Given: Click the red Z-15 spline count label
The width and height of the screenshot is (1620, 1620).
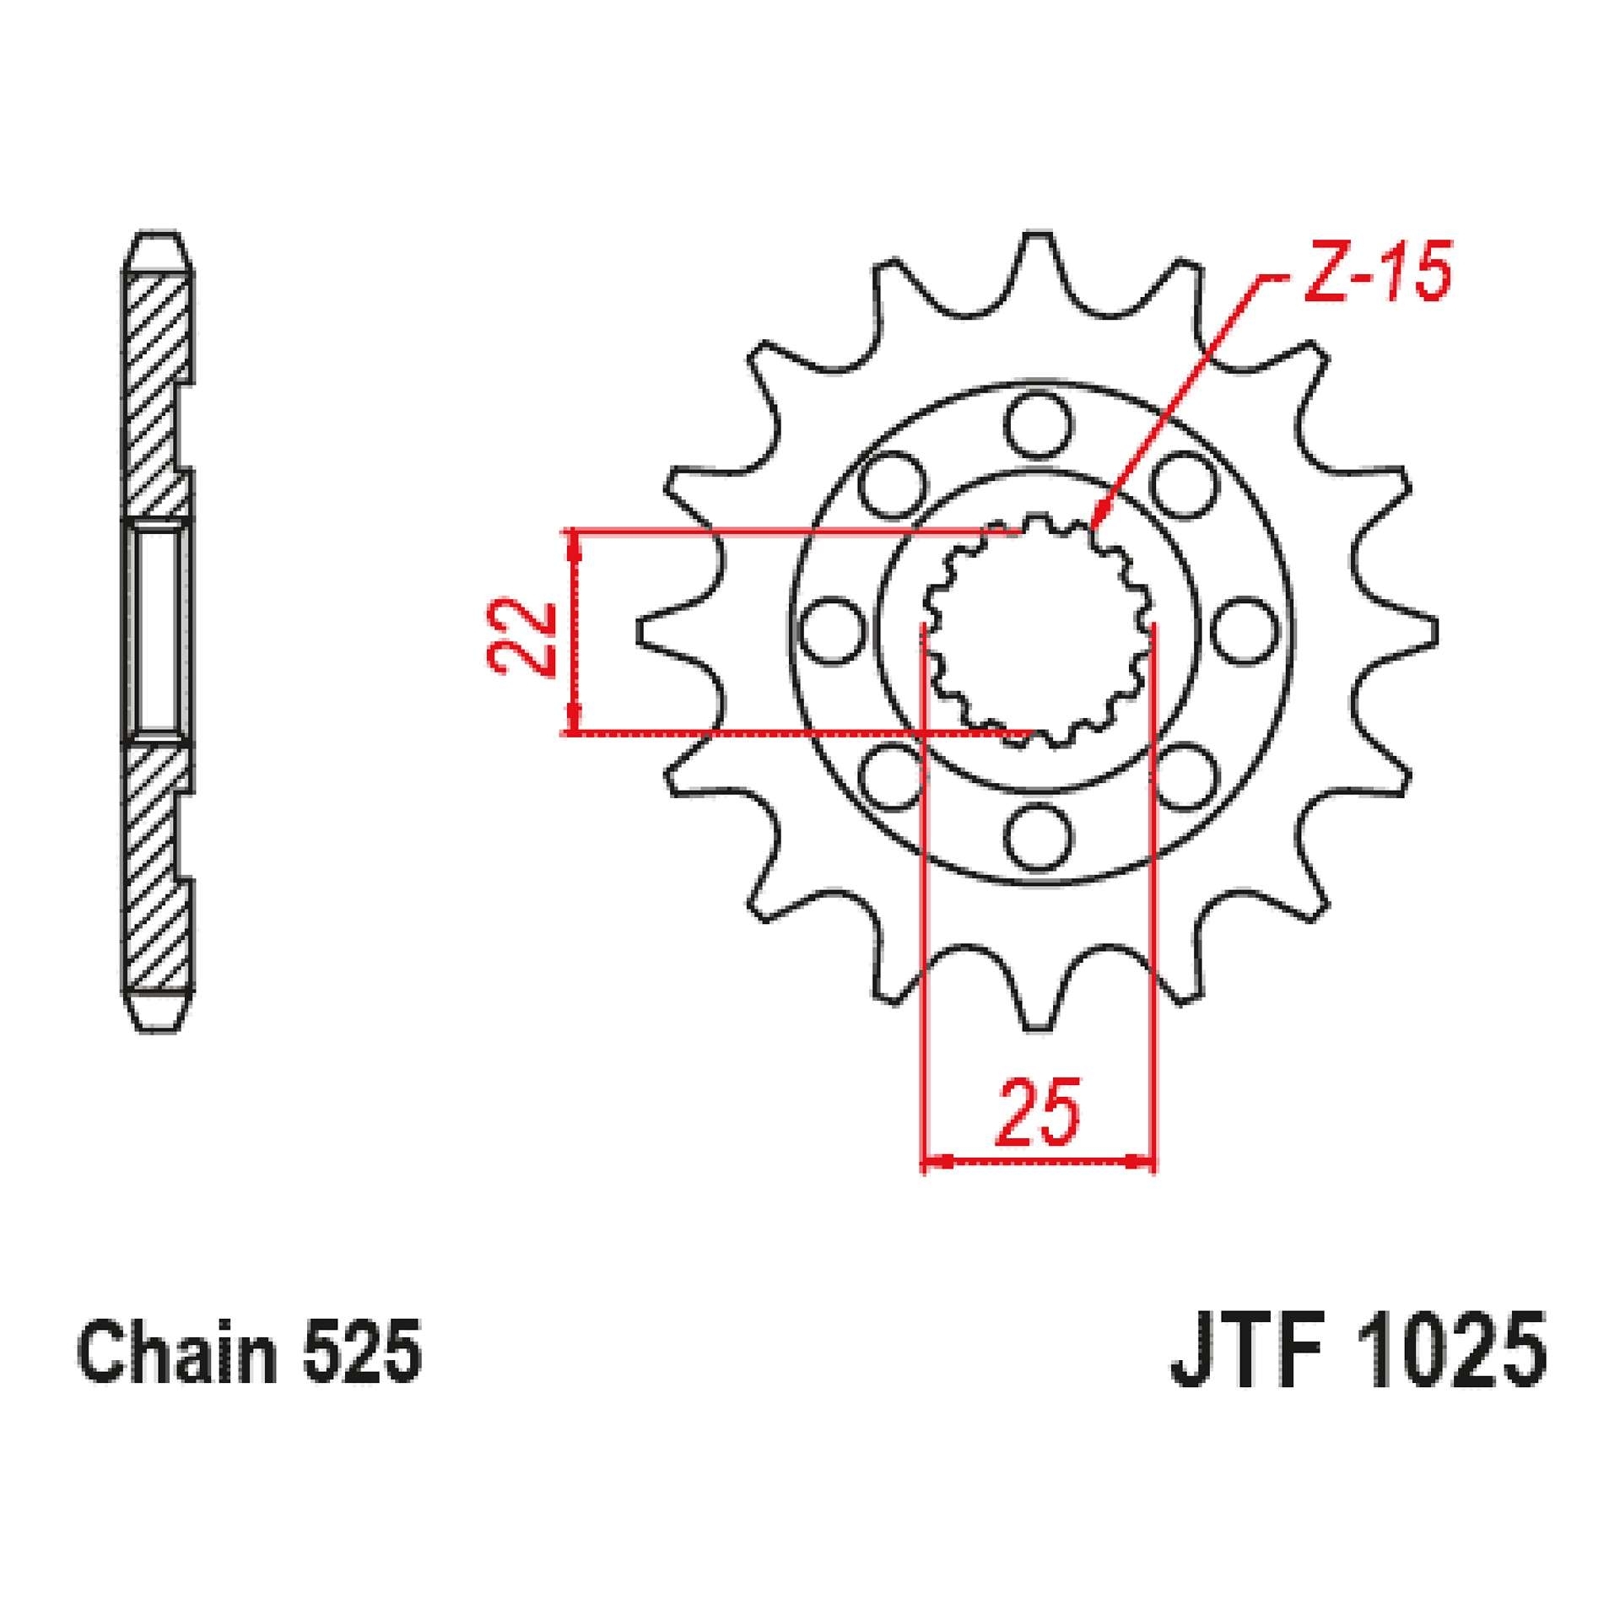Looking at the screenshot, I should pyautogui.click(x=1377, y=272).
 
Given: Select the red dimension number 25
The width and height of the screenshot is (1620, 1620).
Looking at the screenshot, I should pyautogui.click(x=1038, y=1112).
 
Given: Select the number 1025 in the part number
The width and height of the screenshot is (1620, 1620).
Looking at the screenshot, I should pyautogui.click(x=1455, y=1358).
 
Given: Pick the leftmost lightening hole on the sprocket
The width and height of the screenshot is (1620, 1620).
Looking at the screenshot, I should pyautogui.click(x=831, y=631).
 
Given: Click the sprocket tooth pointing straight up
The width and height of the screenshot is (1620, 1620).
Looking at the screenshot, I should pyautogui.click(x=1039, y=253).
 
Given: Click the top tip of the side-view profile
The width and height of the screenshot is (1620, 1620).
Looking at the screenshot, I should pyautogui.click(x=157, y=239).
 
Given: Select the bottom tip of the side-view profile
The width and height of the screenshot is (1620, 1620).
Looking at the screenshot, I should pyautogui.click(x=159, y=1023).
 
